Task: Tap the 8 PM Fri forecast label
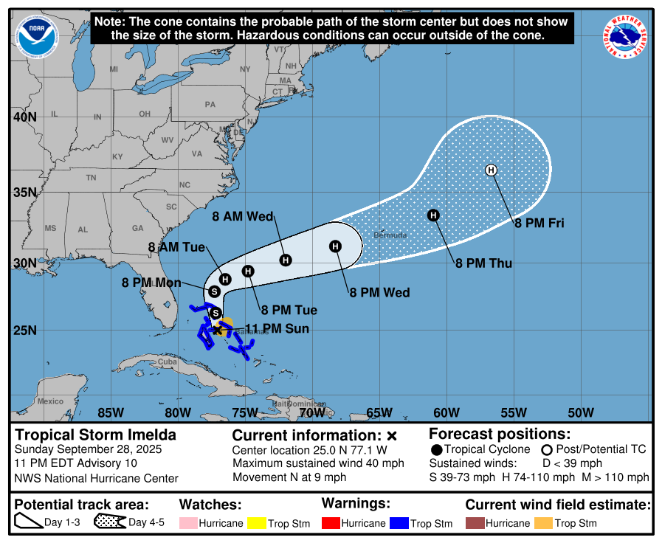(x=539, y=223)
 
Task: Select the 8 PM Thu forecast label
(x=483, y=263)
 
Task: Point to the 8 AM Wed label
(x=243, y=217)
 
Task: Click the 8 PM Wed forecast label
(x=379, y=293)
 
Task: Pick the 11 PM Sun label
(x=277, y=329)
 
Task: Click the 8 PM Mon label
(x=151, y=282)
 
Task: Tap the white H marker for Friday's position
(x=492, y=170)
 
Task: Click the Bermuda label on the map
(x=390, y=235)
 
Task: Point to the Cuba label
(x=169, y=362)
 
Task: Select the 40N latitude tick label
(x=24, y=117)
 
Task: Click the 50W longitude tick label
(x=581, y=412)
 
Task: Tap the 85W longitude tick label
(x=110, y=412)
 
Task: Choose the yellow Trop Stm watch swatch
(x=258, y=523)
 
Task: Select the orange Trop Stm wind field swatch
(x=543, y=523)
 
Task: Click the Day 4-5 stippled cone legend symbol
(x=108, y=522)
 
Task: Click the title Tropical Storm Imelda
(x=96, y=435)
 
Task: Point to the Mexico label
(x=51, y=401)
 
